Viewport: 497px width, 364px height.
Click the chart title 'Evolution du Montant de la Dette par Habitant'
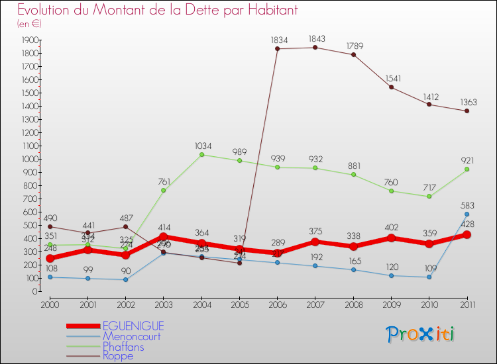(158, 11)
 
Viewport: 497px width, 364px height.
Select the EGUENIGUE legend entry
(133, 326)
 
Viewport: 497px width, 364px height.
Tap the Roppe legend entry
(118, 356)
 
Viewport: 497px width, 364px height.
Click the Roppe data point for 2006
(277, 49)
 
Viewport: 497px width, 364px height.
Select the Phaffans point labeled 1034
(201, 155)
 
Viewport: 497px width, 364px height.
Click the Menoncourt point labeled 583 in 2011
(467, 214)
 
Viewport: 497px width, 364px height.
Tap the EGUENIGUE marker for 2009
(391, 238)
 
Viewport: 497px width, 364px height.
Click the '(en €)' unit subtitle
(29, 24)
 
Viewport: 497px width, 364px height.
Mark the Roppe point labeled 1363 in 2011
(467, 111)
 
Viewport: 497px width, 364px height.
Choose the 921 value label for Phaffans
(467, 160)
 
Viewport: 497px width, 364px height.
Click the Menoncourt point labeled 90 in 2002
(125, 279)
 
